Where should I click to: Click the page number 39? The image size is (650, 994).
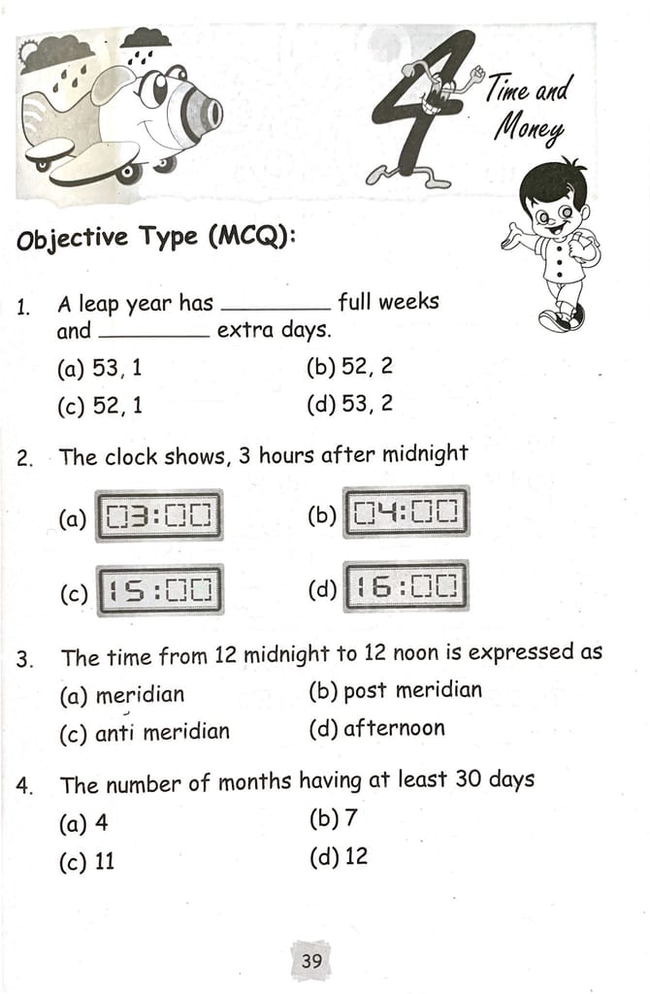click(x=310, y=961)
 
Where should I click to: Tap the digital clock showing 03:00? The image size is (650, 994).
click(x=158, y=515)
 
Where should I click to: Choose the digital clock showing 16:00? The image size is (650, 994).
click(x=406, y=586)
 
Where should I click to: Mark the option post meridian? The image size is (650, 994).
click(x=412, y=691)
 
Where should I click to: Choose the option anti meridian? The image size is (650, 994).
click(x=162, y=732)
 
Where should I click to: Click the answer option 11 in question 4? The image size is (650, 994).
click(x=104, y=861)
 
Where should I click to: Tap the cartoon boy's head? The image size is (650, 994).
click(x=553, y=204)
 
